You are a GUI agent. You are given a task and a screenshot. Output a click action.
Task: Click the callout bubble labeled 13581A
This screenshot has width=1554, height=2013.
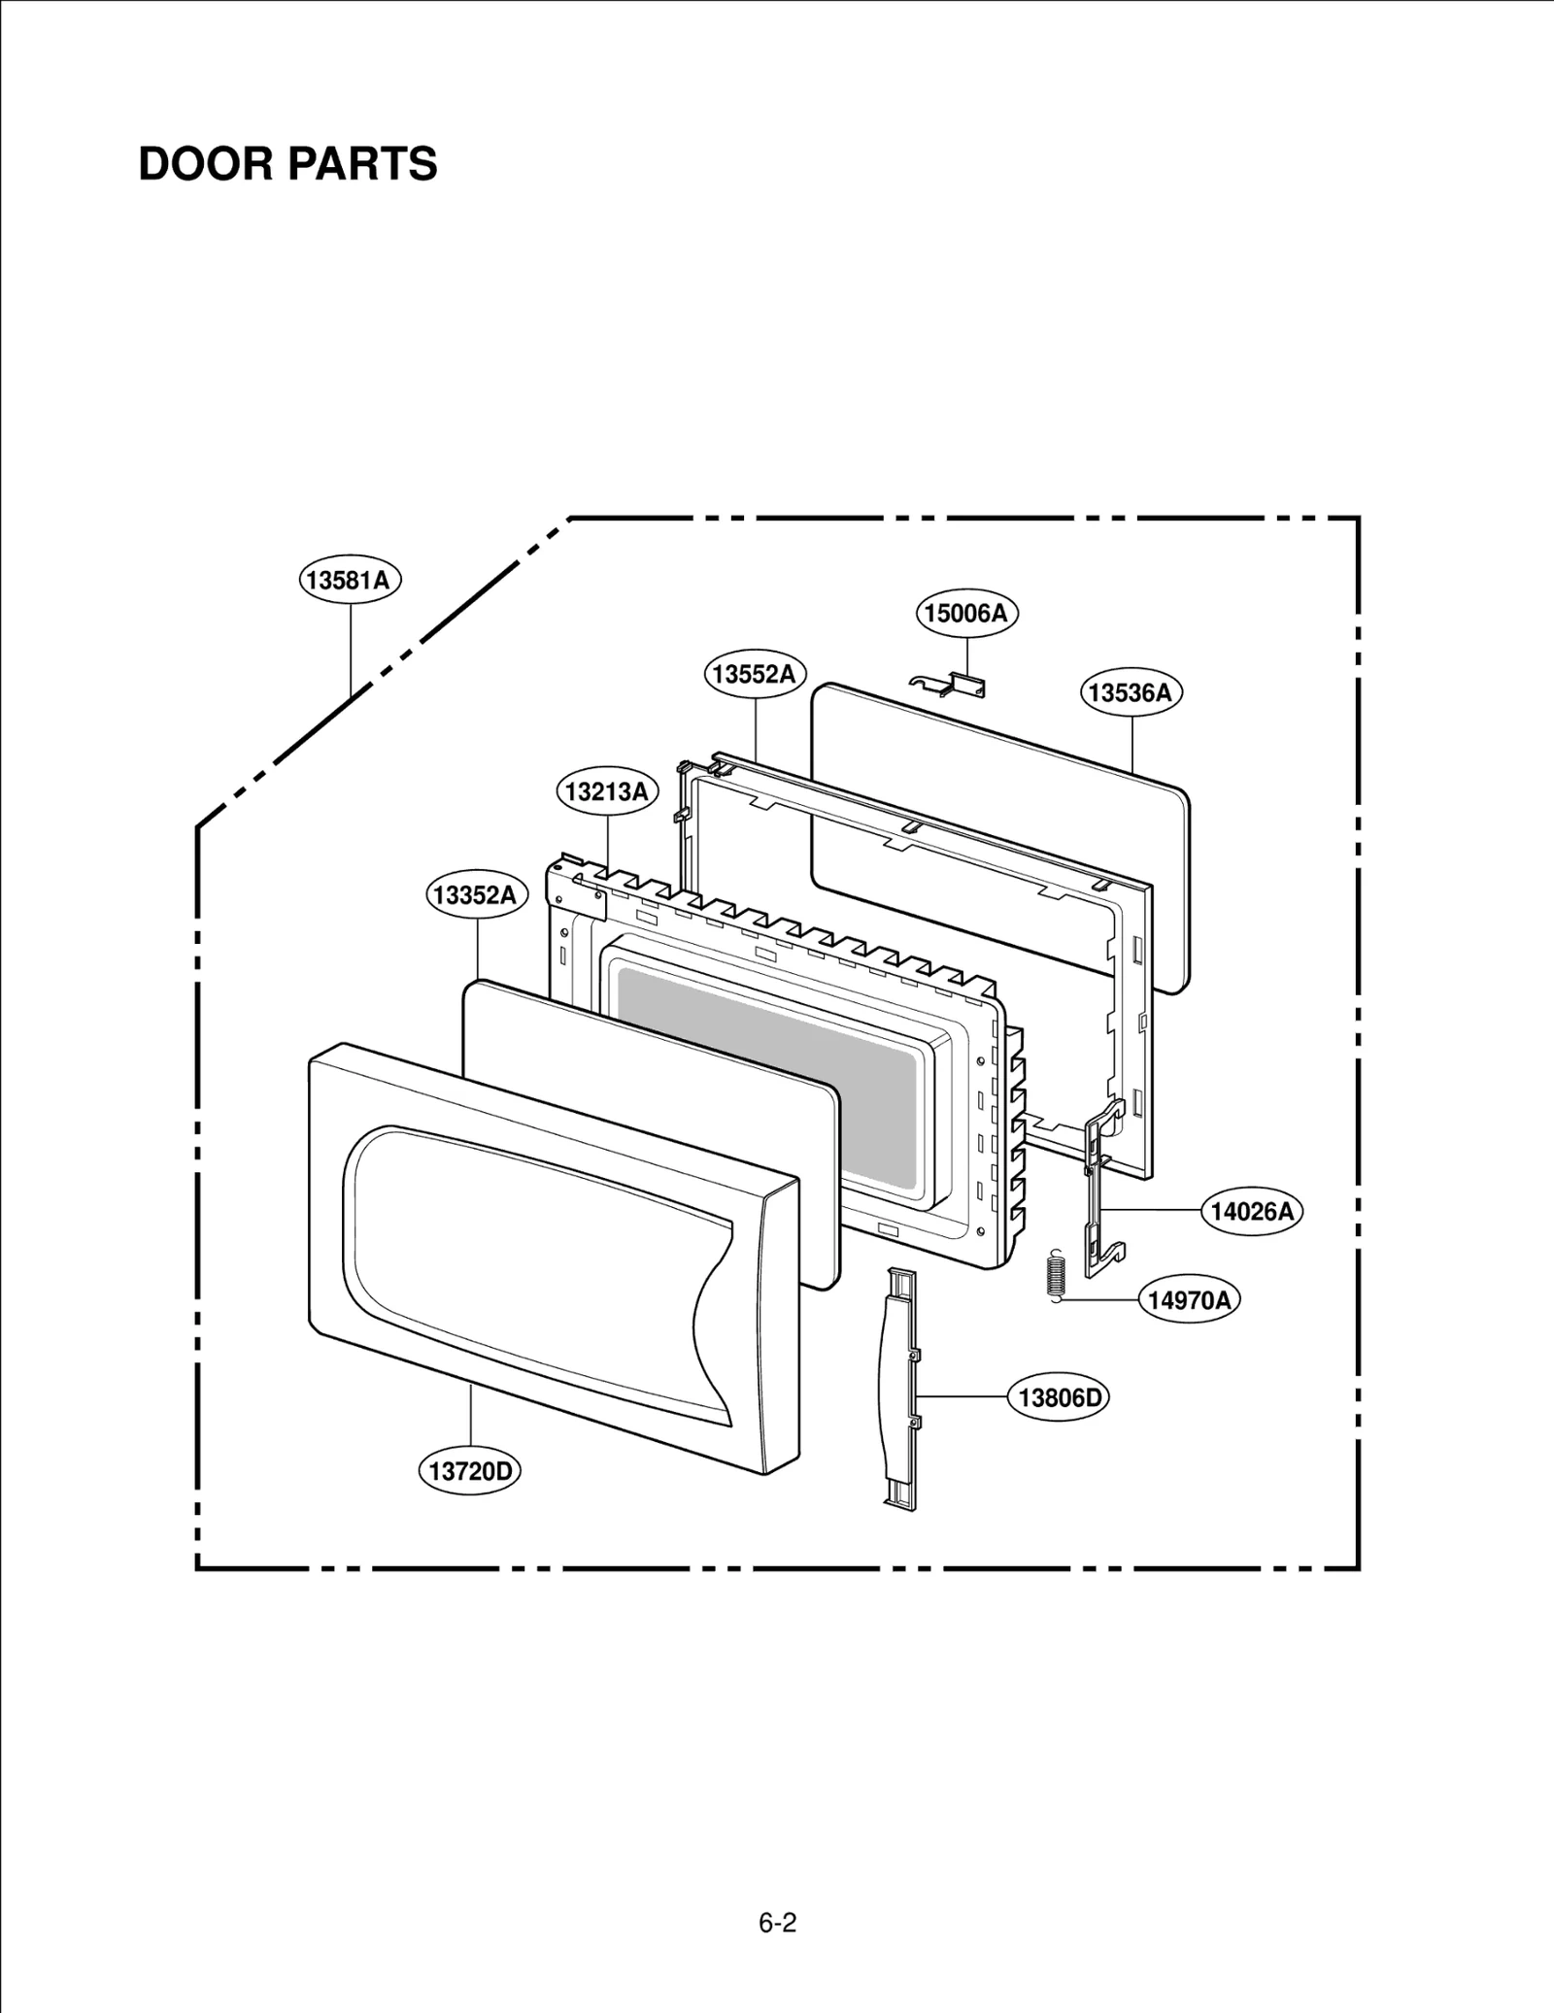click(x=350, y=581)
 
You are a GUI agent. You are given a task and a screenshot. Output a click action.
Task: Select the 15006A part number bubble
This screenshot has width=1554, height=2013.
click(x=967, y=613)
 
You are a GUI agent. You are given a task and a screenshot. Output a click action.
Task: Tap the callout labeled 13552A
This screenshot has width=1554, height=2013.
click(x=755, y=674)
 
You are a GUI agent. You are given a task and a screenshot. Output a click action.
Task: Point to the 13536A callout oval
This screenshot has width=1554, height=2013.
click(x=1131, y=692)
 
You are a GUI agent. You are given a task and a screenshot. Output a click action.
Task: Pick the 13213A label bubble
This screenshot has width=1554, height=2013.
click(x=607, y=791)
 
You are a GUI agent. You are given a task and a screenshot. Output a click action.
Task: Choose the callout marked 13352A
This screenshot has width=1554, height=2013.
click(x=476, y=894)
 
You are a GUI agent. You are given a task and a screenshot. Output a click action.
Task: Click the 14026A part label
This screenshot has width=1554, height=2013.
click(x=1253, y=1211)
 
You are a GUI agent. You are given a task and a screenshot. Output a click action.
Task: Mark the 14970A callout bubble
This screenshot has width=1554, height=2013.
click(x=1189, y=1300)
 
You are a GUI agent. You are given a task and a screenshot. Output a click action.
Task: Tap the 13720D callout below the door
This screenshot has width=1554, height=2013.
click(x=471, y=1471)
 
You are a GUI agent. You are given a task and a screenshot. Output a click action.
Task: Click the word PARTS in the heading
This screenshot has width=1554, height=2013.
click(x=362, y=164)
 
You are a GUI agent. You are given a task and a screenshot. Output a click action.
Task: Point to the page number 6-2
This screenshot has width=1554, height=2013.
click(x=777, y=1923)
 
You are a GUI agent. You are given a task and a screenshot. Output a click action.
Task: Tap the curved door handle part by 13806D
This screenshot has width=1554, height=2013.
click(x=898, y=1389)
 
